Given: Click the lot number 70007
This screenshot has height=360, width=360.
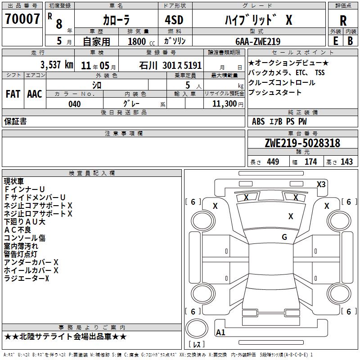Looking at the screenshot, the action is pos(22,19).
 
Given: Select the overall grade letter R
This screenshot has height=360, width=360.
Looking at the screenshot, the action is pos(343,21).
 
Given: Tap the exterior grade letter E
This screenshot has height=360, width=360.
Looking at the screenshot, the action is pos(335,41).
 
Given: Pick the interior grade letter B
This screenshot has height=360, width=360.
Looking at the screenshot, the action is pos(350,41).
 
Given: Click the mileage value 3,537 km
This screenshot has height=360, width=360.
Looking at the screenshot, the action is pos(57,65).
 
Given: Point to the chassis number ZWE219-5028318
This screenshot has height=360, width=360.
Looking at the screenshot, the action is pos(302,143).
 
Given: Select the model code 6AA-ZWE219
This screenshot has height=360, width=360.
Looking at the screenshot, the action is pos(258,41).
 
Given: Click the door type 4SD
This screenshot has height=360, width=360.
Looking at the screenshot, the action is pos(174,20).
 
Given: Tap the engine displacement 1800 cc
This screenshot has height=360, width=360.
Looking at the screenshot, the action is pos(141,41).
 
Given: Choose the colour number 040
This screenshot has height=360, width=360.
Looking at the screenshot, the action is pos(75,104).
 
